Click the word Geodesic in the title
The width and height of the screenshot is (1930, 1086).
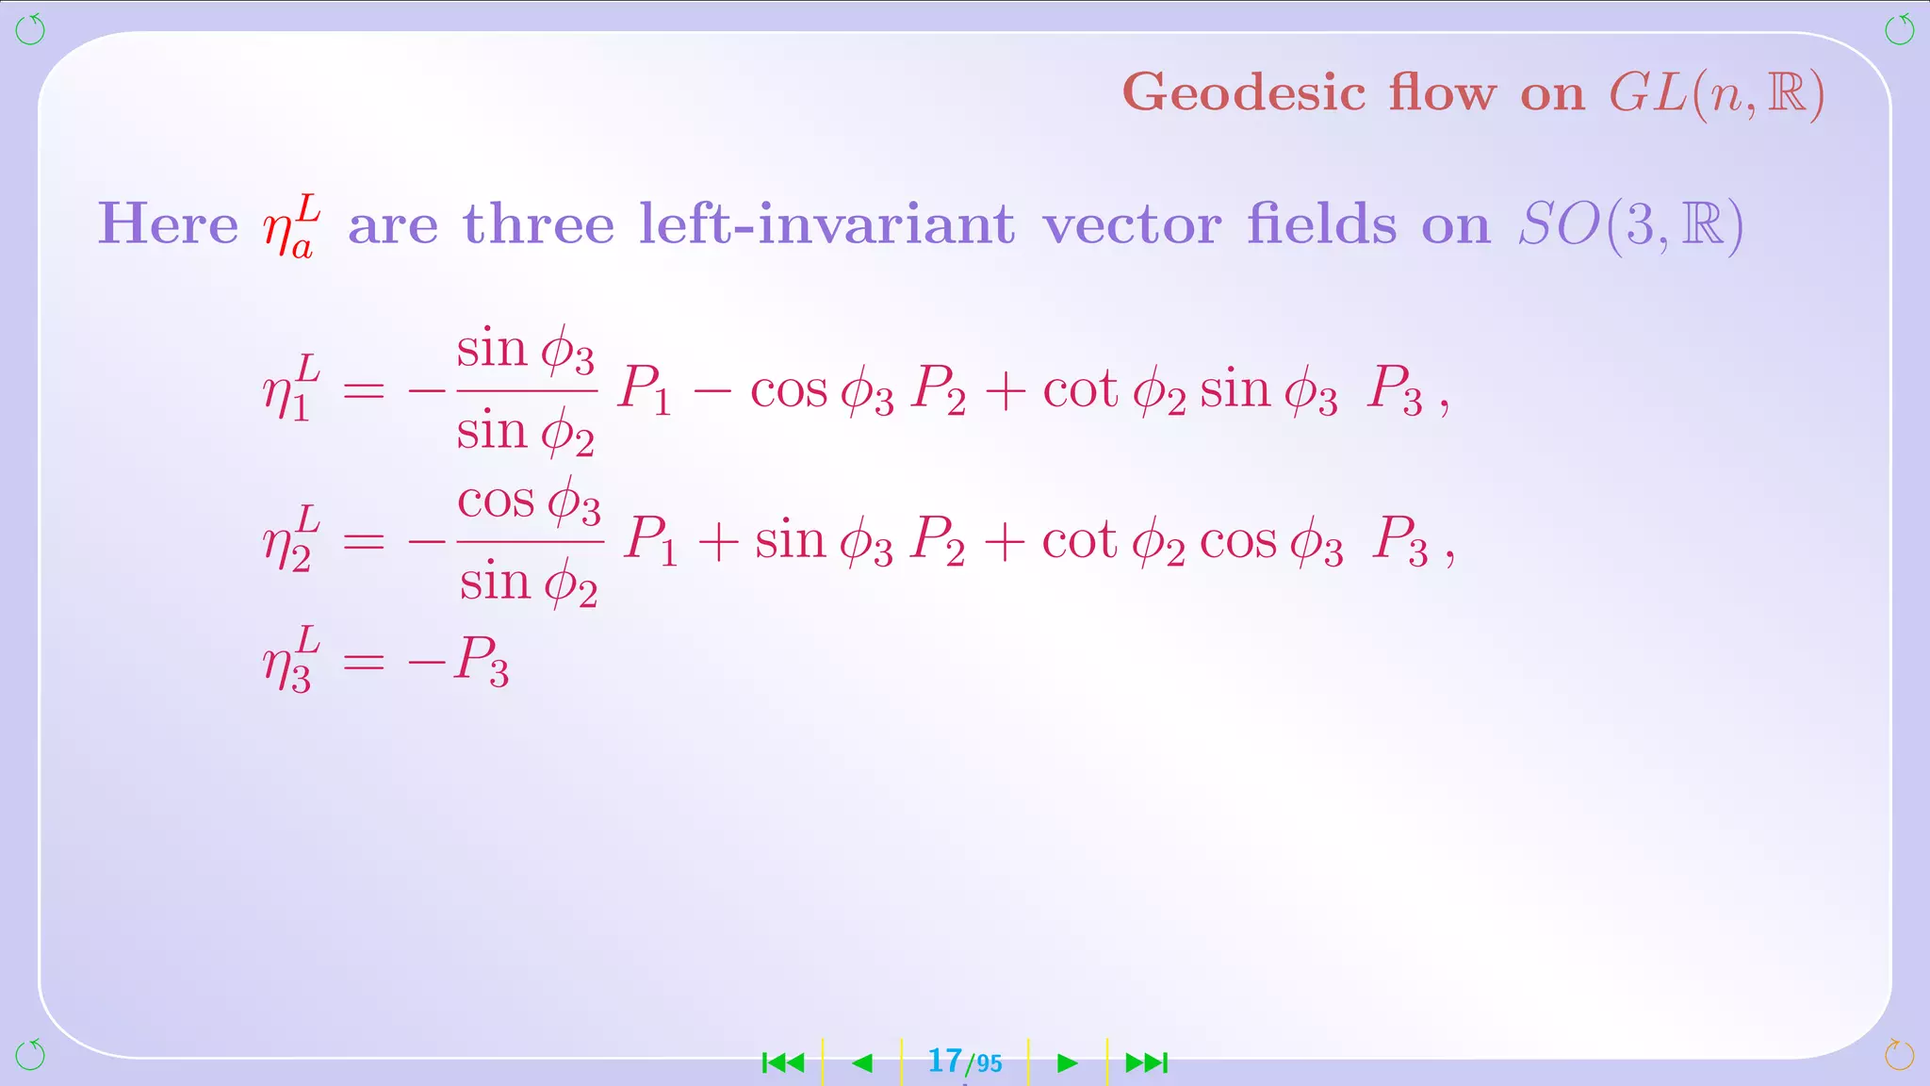(x=1244, y=93)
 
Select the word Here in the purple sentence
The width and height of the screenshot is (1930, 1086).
(x=168, y=224)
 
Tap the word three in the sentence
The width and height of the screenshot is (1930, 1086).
(x=538, y=224)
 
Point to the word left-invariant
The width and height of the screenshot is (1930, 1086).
(x=826, y=224)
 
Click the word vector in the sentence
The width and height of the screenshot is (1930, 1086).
(x=1132, y=224)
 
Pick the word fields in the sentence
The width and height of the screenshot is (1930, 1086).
(x=1321, y=224)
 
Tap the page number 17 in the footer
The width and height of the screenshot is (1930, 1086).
(x=945, y=1061)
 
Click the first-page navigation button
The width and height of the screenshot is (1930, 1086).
(x=783, y=1063)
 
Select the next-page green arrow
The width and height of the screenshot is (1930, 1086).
(x=1067, y=1063)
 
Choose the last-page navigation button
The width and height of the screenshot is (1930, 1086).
(x=1147, y=1063)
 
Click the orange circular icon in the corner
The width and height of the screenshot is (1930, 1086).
(x=1899, y=1054)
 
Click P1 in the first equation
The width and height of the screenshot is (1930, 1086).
(x=644, y=389)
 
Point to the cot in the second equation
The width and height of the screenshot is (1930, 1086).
(x=1079, y=541)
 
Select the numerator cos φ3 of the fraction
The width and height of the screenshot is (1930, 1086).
(x=529, y=502)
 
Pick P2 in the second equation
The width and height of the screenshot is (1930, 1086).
(x=938, y=542)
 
